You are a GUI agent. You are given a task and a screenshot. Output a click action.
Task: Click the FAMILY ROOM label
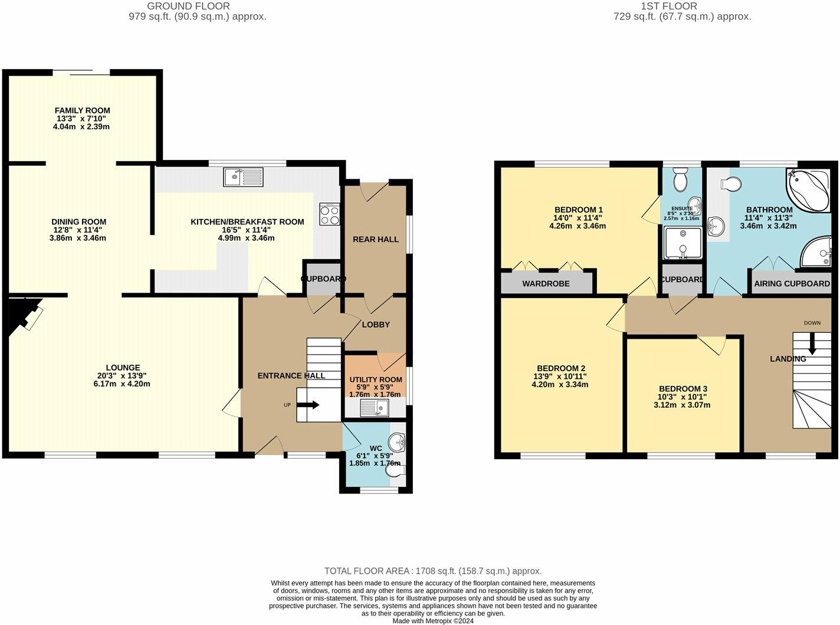pos(83,110)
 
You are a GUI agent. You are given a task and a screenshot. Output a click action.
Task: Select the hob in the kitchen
pos(330,214)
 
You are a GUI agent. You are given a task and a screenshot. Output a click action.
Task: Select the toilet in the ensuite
pos(680,178)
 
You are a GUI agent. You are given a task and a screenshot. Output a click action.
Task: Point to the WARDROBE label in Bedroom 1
pos(546,284)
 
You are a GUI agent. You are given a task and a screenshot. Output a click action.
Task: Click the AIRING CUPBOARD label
pos(792,284)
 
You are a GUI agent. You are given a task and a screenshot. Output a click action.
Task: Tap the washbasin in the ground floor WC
pos(396,440)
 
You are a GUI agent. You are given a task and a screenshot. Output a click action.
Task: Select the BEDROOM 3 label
pos(683,388)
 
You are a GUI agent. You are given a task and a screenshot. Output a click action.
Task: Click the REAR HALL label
pos(376,239)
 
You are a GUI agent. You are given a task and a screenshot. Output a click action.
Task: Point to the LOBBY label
pos(376,325)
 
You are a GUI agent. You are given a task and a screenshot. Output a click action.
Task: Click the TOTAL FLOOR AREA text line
pos(433,571)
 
